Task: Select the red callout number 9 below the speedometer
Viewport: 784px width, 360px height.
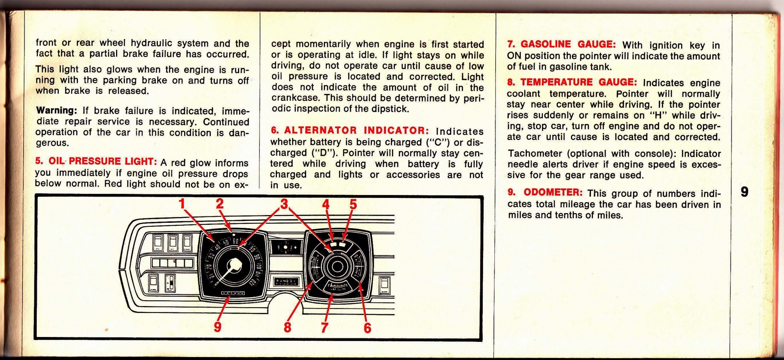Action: tap(218, 326)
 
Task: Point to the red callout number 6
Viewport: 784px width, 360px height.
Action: tap(367, 327)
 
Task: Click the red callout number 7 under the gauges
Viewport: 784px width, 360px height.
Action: tap(324, 327)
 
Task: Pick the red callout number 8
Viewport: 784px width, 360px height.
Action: tap(288, 327)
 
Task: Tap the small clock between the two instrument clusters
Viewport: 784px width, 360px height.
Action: tap(285, 247)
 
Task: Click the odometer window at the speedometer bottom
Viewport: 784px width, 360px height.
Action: tap(233, 293)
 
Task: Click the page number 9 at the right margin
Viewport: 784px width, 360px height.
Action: tap(744, 192)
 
